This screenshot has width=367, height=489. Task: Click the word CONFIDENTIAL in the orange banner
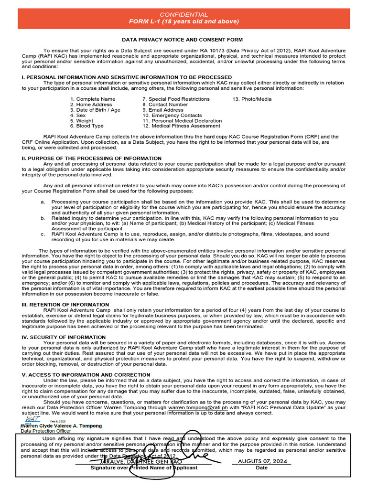pyautogui.click(x=183, y=15)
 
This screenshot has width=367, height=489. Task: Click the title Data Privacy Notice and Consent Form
pyautogui.click(x=182, y=40)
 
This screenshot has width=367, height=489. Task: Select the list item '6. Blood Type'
pyautogui.click(x=86, y=126)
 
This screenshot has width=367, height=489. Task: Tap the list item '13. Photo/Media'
pyautogui.click(x=252, y=99)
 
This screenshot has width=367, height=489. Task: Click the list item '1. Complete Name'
pyautogui.click(x=93, y=99)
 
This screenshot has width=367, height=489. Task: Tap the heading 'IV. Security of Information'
pyautogui.click(x=64, y=337)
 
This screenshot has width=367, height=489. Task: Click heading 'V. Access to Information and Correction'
pyautogui.click(x=86, y=375)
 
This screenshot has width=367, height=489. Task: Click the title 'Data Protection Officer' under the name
pyautogui.click(x=45, y=431)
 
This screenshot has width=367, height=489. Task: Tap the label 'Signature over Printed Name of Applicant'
pyautogui.click(x=144, y=468)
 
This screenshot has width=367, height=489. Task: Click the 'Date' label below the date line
pyautogui.click(x=262, y=468)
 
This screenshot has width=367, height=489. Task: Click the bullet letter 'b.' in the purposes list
pyautogui.click(x=43, y=218)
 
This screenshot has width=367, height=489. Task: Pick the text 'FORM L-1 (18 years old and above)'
pyautogui.click(x=183, y=21)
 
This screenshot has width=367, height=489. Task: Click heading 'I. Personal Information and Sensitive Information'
pyautogui.click(x=127, y=77)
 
